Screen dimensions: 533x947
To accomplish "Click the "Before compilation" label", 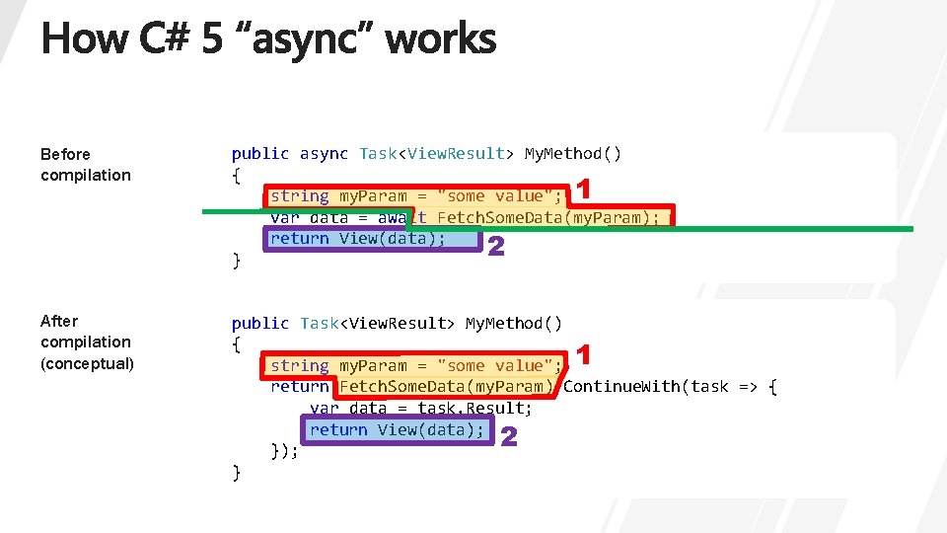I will pos(85,164).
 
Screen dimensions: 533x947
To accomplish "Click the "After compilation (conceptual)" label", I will pos(86,342).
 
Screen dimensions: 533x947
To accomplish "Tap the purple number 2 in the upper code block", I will pos(496,248).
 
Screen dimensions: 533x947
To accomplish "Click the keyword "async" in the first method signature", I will pos(324,153).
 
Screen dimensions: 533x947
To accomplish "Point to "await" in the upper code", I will pos(402,217).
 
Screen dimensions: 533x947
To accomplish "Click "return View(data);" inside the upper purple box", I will pos(358,238).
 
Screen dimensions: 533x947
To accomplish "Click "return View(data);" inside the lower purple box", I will pos(397,429).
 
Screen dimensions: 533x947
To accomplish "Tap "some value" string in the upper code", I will pos(491,195).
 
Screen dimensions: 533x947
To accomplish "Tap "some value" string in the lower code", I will pos(491,365).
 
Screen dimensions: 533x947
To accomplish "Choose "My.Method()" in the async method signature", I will pos(573,153).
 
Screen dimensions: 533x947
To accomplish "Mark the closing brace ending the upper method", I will pos(236,261).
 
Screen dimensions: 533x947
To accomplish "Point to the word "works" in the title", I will pos(440,40).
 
